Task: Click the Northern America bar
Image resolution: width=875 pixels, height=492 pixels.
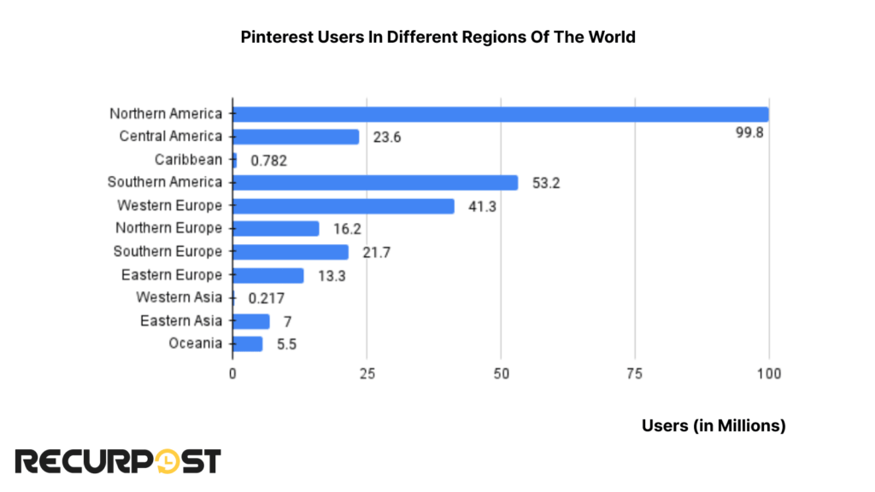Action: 500,114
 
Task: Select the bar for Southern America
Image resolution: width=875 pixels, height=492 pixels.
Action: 375,183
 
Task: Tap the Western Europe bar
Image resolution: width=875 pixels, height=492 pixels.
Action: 344,206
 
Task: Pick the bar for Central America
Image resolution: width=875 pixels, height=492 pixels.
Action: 296,137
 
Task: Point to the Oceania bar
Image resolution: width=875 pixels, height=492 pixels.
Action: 248,343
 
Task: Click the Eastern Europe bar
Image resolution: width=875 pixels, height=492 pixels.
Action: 268,275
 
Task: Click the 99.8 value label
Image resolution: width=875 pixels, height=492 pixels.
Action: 748,135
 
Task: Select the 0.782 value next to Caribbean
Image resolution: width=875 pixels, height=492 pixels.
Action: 268,160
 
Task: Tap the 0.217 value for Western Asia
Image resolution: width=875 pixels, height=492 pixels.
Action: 266,298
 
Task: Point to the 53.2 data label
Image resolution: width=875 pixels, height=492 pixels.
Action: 545,183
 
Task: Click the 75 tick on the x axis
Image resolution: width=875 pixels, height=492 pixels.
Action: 635,373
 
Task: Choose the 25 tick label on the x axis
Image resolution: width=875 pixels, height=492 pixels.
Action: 367,373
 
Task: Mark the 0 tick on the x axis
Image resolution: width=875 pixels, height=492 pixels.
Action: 232,373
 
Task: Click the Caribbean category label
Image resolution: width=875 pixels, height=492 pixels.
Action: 188,160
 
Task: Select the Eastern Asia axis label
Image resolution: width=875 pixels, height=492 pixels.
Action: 181,321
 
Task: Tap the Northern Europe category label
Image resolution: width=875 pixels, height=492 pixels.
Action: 168,228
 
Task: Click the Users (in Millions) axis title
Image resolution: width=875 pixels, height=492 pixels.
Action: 714,425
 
